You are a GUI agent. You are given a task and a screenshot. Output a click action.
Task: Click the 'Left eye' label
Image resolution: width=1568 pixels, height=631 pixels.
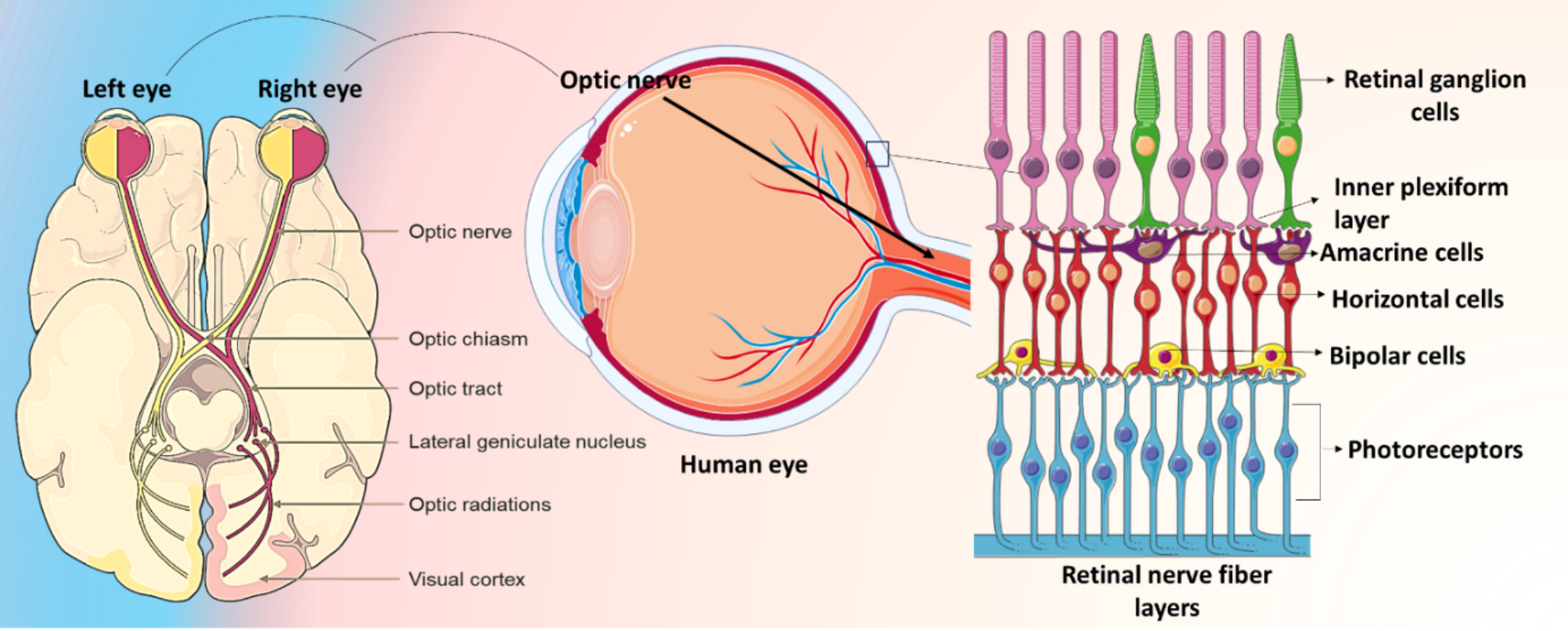127,89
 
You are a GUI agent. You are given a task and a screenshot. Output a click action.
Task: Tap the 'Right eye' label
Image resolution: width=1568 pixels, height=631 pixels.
310,89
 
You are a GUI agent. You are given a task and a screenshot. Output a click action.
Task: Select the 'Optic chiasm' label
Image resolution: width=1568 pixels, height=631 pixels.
468,339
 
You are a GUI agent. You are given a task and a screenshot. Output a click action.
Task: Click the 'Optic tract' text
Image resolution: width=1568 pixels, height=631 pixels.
455,388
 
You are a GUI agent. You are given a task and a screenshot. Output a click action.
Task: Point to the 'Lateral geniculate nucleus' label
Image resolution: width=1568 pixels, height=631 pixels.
527,442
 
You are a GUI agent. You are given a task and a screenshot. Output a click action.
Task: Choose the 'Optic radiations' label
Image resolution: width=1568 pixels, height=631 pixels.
480,504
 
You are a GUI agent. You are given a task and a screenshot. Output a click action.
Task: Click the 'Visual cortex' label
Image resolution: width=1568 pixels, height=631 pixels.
467,579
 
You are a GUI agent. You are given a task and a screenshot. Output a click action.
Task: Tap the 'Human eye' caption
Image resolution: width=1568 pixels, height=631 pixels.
744,465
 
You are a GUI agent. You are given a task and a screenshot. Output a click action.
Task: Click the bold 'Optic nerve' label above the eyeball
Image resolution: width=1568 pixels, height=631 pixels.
625,80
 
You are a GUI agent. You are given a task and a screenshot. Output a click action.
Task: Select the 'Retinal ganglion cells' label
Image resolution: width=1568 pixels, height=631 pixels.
1434,95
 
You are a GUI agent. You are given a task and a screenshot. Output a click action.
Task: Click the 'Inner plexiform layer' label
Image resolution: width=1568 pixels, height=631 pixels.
1420,203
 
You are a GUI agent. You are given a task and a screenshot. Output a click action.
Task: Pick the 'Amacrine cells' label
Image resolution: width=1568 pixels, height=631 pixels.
1402,253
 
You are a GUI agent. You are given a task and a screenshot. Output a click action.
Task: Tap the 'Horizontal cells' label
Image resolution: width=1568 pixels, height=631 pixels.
1417,299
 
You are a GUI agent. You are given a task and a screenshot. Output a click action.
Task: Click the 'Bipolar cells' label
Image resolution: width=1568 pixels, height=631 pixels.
1397,356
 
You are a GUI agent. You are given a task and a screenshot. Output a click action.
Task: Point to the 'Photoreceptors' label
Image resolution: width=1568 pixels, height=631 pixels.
1435,450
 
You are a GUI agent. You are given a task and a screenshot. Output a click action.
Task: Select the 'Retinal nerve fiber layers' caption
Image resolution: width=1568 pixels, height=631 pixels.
1166,591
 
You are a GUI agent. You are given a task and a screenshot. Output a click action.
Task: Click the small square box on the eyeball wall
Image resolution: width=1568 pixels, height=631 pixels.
878,154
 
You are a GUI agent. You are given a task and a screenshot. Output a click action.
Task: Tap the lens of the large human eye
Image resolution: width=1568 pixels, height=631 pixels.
602,229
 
